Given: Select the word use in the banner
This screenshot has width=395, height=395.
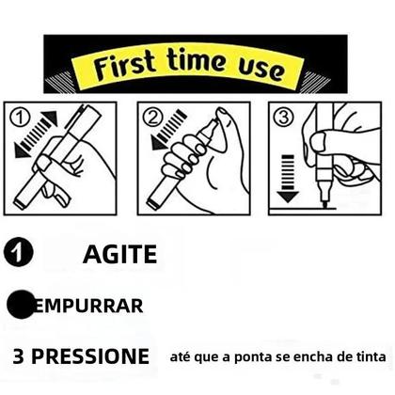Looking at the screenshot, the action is pos(261,70).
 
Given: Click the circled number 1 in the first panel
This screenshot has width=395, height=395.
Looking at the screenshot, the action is pos(20,118).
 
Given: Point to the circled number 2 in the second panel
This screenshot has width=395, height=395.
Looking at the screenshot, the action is pos(152,118).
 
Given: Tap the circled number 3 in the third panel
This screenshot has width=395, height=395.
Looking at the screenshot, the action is pos(284,118).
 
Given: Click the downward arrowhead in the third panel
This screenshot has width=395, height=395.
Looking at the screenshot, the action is pos(288,197).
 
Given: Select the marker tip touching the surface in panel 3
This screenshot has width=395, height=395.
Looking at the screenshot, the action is pos(325,204).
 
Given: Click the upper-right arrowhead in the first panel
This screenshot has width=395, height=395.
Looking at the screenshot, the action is pos(51,117).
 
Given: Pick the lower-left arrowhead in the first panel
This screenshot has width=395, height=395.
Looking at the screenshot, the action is pos(22,150).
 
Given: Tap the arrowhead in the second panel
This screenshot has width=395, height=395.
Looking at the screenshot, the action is pos(158,143).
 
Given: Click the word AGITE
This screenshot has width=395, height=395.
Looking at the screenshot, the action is pos(120,254).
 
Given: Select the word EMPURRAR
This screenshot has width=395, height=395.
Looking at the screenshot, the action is pos(88,306).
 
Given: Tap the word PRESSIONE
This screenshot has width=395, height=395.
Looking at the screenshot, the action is pos(90,356).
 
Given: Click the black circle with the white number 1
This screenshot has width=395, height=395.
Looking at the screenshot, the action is pos(19,252).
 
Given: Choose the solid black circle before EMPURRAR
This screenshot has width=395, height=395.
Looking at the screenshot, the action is pos(21,305).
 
